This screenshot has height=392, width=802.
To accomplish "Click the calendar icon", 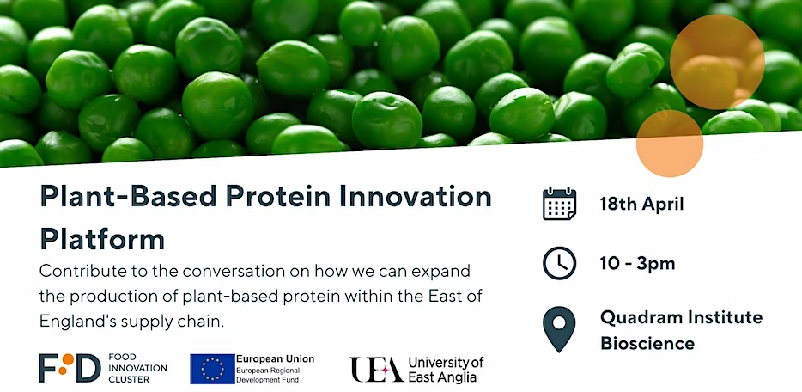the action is coord(560,204).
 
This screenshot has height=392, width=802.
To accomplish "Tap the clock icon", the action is coord(560,263).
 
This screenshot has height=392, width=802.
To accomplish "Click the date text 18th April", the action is coord(641,205).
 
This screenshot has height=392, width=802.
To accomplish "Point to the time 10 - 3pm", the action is coord(637,264).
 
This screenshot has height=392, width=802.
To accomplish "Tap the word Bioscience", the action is coord(647,343).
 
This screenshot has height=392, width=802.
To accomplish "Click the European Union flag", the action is coord(212,369).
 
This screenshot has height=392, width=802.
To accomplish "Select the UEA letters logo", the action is coord(377,369).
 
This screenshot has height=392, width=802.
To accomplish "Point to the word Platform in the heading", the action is coord(102,239).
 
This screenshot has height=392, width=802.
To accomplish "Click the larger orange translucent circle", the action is coord(717,62).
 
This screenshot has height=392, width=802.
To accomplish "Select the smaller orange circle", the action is coord(670,144).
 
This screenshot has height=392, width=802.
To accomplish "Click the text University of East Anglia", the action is coord(446,370).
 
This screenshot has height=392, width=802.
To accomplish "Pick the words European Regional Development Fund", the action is coord(268,375).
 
